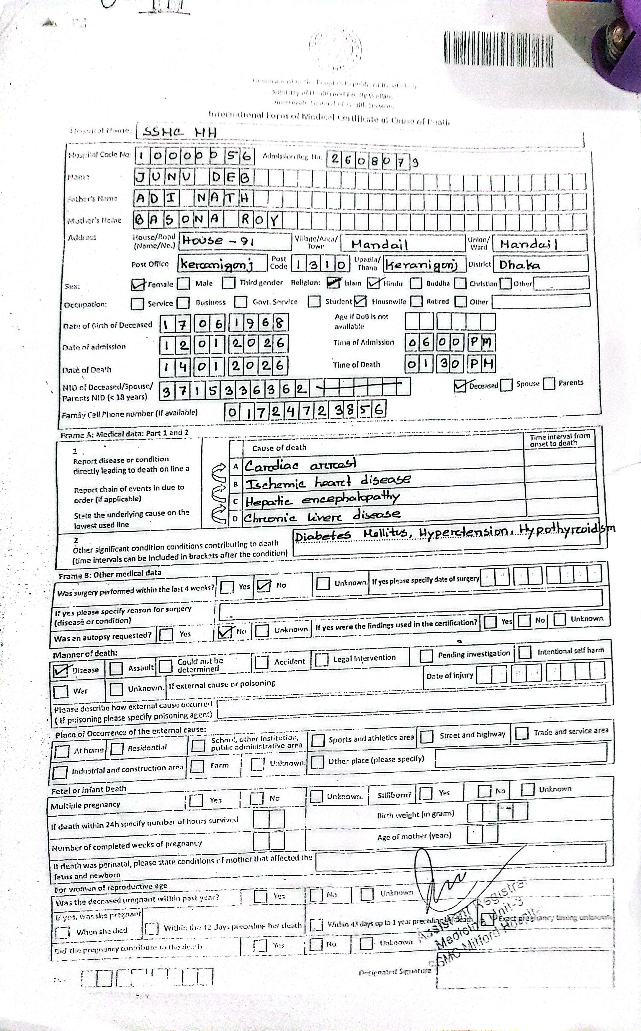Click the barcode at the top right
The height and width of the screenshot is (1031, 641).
click(498, 50)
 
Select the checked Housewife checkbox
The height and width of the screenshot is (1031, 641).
click(360, 301)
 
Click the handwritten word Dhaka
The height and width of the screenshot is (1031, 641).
click(519, 265)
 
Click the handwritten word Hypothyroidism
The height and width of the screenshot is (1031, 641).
click(568, 529)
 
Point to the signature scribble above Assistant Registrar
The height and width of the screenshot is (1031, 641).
click(441, 883)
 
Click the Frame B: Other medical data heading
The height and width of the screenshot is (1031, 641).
click(110, 574)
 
